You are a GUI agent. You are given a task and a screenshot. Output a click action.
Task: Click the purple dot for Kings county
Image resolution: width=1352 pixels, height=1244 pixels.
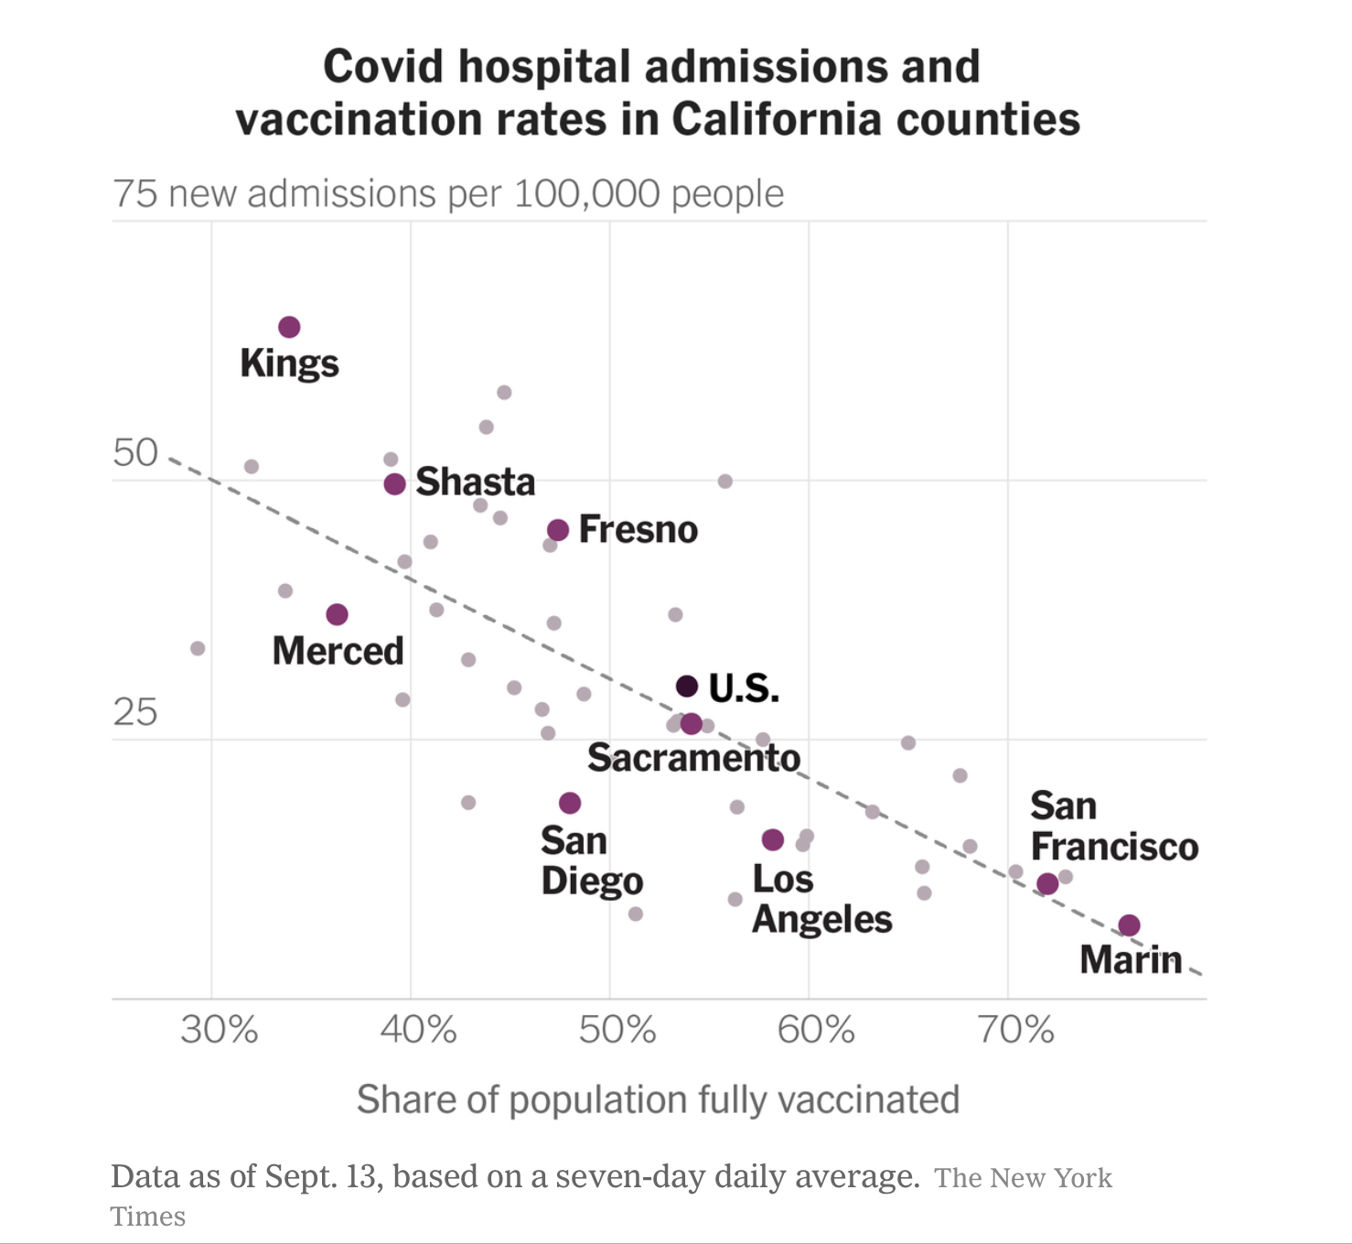pyautogui.click(x=289, y=327)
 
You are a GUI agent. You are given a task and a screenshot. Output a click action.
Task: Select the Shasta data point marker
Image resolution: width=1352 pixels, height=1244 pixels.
pyautogui.click(x=394, y=483)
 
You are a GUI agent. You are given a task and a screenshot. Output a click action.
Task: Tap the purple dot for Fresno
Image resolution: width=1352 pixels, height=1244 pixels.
pyautogui.click(x=558, y=530)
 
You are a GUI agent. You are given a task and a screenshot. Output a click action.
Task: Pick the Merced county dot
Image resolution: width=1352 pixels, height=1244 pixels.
pyautogui.click(x=337, y=614)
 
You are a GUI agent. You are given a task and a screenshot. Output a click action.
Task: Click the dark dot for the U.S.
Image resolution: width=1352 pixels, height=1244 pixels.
pyautogui.click(x=687, y=686)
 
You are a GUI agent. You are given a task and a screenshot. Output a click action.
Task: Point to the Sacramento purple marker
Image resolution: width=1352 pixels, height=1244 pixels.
pyautogui.click(x=692, y=724)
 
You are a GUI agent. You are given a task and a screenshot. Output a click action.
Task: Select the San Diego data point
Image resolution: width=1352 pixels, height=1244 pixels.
pyautogui.click(x=570, y=803)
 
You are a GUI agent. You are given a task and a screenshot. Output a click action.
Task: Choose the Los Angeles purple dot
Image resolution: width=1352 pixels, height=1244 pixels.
pyautogui.click(x=773, y=839)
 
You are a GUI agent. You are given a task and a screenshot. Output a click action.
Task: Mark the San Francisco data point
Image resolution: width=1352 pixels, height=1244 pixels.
pyautogui.click(x=1047, y=883)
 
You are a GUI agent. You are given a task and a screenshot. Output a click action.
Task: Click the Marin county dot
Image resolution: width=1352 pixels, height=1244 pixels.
pyautogui.click(x=1130, y=925)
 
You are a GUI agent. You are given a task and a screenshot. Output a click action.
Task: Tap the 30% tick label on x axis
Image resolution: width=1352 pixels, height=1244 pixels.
pyautogui.click(x=220, y=1031)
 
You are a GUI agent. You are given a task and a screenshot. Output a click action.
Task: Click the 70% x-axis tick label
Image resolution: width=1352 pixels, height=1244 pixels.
pyautogui.click(x=1015, y=1031)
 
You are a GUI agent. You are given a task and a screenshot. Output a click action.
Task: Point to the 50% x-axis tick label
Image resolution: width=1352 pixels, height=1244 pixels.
pyautogui.click(x=617, y=1031)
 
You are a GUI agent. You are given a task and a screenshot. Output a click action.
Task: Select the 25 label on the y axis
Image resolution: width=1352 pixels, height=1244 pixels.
pyautogui.click(x=135, y=712)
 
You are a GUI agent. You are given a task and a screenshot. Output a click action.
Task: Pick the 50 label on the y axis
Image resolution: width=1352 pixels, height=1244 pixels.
pyautogui.click(x=135, y=453)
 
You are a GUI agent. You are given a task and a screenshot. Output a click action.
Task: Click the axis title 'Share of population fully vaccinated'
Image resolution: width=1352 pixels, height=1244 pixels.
pyautogui.click(x=658, y=1099)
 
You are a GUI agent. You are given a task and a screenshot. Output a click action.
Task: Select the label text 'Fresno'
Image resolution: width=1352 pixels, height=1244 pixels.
pyautogui.click(x=638, y=530)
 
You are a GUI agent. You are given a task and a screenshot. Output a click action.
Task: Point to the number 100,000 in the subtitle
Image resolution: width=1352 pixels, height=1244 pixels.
pyautogui.click(x=586, y=194)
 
